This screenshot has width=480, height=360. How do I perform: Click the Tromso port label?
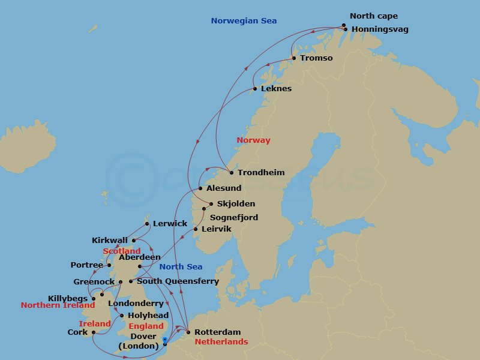[316, 58]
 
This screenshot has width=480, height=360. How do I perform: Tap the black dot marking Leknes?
[255, 89]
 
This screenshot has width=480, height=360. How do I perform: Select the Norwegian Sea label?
[244, 21]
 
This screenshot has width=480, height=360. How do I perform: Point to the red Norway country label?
[253, 140]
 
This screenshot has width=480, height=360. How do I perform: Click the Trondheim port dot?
[232, 173]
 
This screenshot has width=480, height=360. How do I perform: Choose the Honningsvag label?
[380, 29]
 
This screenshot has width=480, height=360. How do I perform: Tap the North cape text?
[373, 16]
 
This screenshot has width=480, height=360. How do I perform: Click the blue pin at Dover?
[164, 341]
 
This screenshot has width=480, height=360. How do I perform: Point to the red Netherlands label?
[221, 342]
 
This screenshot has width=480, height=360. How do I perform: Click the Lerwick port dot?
[147, 224]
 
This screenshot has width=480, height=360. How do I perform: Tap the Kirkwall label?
[110, 240]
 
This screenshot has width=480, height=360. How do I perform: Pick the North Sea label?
[181, 267]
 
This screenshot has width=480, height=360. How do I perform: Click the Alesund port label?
[223, 188]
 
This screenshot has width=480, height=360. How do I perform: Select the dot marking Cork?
[94, 332]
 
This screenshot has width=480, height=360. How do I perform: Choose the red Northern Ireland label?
[58, 305]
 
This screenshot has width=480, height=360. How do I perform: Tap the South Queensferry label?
[178, 281]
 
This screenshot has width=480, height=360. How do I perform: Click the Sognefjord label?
[234, 217]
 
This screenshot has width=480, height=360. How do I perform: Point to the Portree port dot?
[109, 265]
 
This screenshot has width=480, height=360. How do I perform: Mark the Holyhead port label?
[148, 316]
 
